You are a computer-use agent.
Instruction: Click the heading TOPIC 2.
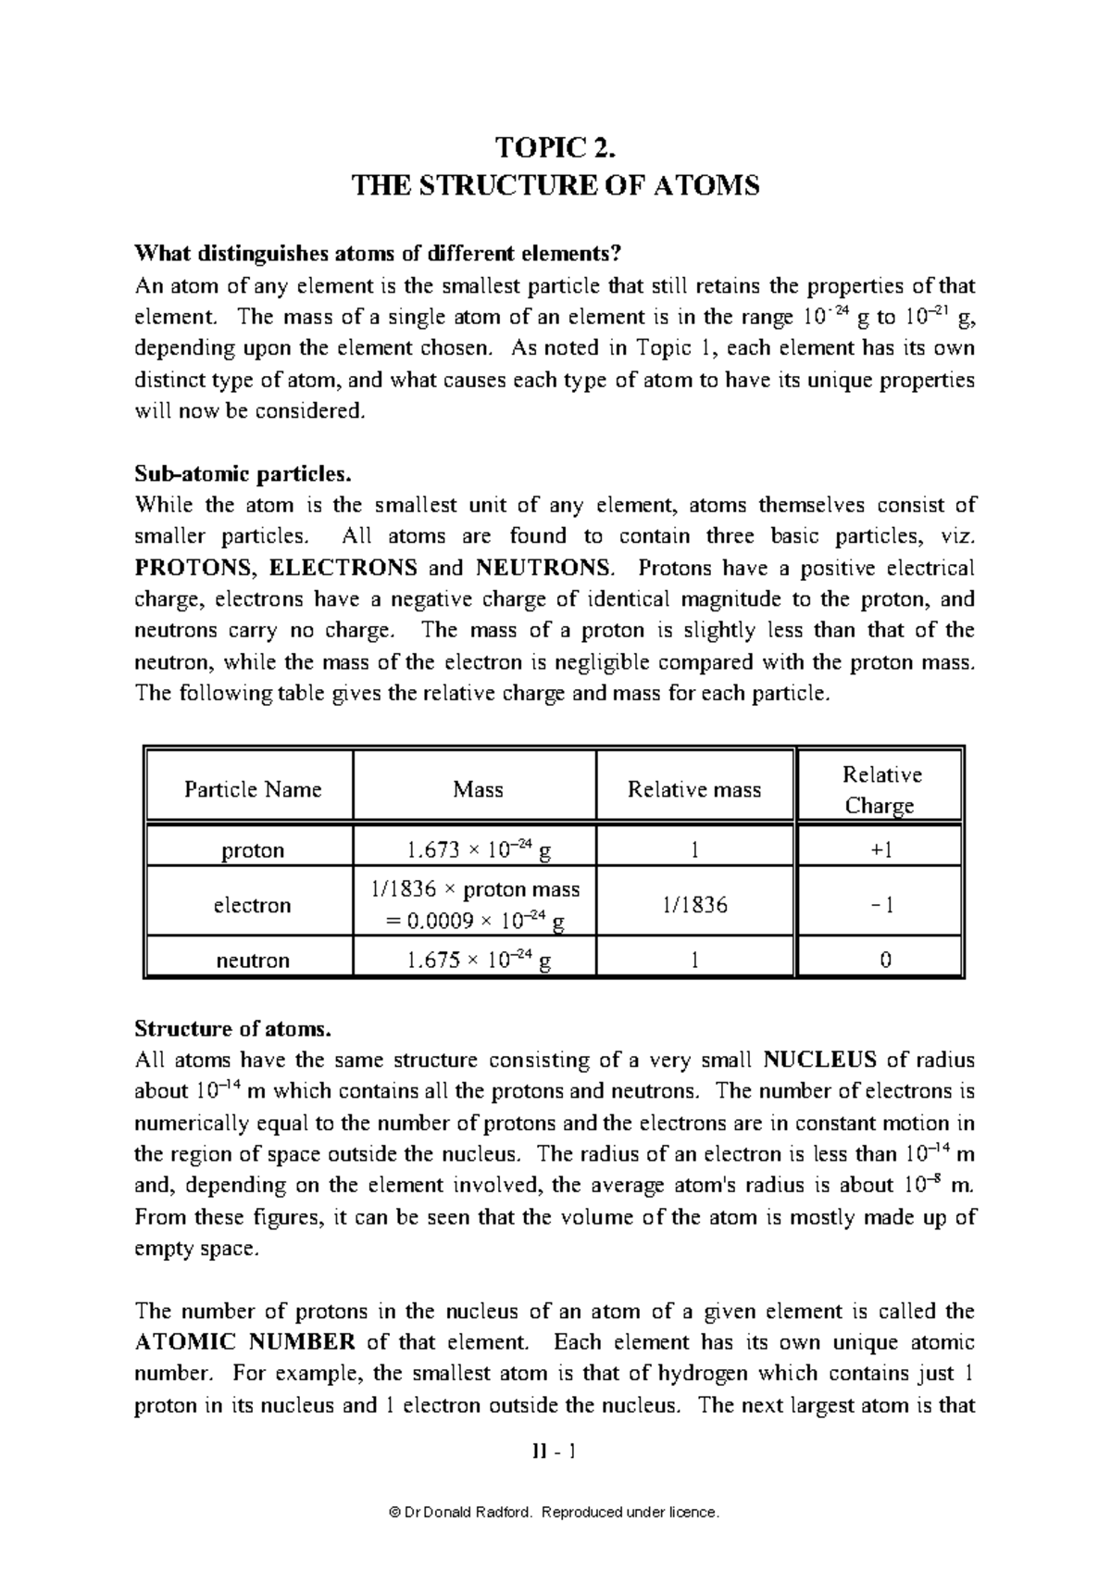pyautogui.click(x=555, y=148)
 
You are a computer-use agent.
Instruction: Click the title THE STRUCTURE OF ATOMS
pyautogui.click(x=555, y=186)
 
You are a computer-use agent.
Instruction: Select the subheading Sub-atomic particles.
pyautogui.click(x=243, y=474)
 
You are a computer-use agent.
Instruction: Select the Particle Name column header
pyautogui.click(x=252, y=789)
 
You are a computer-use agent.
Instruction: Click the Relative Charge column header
pyautogui.click(x=880, y=789)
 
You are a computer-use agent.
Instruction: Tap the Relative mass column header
pyautogui.click(x=693, y=789)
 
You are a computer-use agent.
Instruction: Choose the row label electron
pyautogui.click(x=252, y=905)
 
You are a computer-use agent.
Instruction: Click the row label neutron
pyautogui.click(x=252, y=961)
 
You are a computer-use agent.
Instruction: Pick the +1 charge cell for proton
pyautogui.click(x=880, y=850)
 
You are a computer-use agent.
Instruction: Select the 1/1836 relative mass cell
pyautogui.click(x=693, y=905)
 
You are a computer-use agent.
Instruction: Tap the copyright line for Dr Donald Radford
pyautogui.click(x=555, y=1513)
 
